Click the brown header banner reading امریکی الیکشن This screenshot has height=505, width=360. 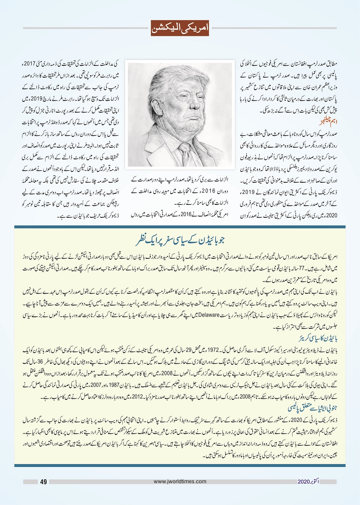[180, 28]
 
